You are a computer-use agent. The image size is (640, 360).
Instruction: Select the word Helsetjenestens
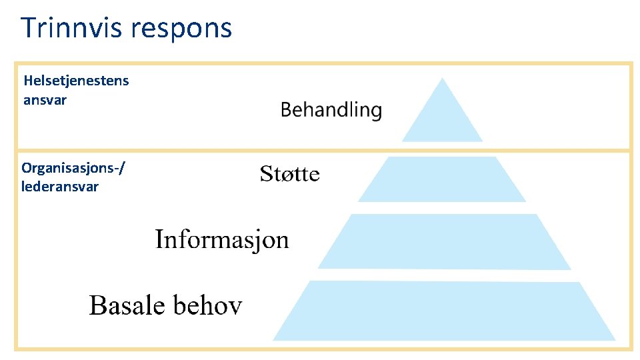(77, 81)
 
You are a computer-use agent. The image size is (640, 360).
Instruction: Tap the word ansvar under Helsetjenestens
(45, 100)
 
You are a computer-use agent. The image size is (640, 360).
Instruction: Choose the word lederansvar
(59, 187)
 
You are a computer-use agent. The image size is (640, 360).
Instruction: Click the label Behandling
(331, 110)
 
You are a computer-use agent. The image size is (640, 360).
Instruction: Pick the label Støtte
(289, 175)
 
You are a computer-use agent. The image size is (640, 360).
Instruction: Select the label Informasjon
(222, 239)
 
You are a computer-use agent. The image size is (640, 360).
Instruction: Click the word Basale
(127, 305)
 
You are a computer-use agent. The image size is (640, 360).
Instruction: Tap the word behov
(207, 305)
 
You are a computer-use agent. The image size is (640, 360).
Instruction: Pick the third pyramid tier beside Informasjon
(445, 241)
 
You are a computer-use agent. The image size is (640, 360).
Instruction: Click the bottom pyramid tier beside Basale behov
(445, 311)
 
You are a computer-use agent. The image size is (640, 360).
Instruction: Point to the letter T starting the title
(29, 28)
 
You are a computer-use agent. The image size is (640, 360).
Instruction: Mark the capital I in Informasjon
(160, 238)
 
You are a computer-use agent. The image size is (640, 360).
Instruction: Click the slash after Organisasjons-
(120, 169)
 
